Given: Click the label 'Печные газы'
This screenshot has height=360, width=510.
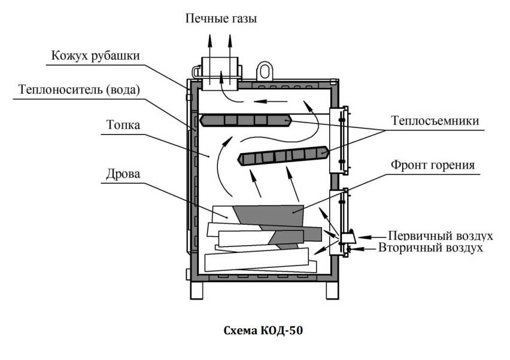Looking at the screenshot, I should click(x=221, y=19).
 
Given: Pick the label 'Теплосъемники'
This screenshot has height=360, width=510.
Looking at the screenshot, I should click(x=435, y=121).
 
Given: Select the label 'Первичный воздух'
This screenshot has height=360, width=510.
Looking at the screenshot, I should click(x=440, y=234).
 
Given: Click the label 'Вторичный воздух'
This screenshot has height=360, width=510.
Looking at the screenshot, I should click(x=430, y=247).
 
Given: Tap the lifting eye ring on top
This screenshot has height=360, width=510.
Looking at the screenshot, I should click(x=265, y=70).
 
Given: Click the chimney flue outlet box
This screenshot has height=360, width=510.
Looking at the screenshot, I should click(x=220, y=73).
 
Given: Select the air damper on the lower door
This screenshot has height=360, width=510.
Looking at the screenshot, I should click(x=348, y=237).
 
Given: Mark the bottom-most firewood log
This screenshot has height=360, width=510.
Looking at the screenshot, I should click(x=260, y=261).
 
